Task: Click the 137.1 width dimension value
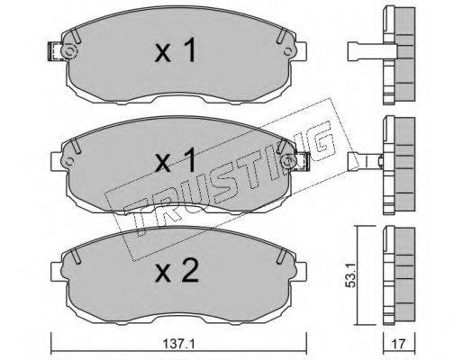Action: coord(178,344)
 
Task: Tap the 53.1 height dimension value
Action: coord(350,274)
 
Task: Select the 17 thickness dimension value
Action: coord(399,344)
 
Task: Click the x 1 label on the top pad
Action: coord(176,50)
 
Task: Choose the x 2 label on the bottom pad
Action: coord(177,270)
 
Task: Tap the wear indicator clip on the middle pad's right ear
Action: coord(303,162)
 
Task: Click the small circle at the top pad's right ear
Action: coord(288,51)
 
